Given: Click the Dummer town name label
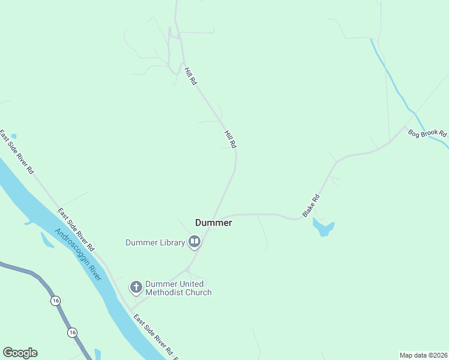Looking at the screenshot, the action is click(x=213, y=223).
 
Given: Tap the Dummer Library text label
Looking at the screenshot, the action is click(x=155, y=242).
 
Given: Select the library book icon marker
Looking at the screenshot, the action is click(x=194, y=242).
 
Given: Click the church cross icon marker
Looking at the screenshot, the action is click(x=136, y=288).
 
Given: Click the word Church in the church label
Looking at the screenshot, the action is click(x=199, y=292).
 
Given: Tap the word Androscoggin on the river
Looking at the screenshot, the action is click(x=70, y=247).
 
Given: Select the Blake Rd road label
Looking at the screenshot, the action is click(x=311, y=205).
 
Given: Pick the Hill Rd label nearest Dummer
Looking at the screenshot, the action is click(x=231, y=140).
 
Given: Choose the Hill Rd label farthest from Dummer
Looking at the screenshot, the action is click(x=191, y=76).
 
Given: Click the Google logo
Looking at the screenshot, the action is click(x=20, y=353).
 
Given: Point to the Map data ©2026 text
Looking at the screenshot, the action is click(x=423, y=355).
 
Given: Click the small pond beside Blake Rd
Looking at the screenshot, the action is click(x=323, y=227).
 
